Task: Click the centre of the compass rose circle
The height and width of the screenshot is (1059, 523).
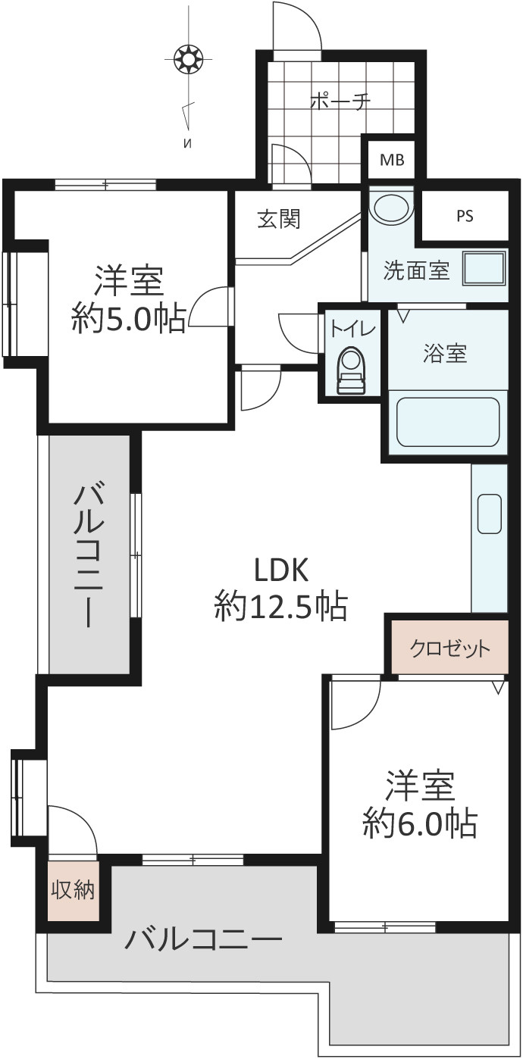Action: pos(188,60)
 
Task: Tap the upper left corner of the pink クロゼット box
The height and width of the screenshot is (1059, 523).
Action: pos(392,621)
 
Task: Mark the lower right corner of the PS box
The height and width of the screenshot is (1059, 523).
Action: pos(508,239)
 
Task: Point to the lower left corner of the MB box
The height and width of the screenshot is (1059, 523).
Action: pos(370,178)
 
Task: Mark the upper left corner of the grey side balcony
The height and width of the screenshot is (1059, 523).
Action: pos(50,435)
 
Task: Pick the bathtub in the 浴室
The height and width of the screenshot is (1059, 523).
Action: pos(447,423)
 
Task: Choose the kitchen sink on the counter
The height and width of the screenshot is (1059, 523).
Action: pos(490,514)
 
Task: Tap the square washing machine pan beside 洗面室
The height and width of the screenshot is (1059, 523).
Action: pos(484,268)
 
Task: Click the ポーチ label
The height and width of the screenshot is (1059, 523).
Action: pos(340,102)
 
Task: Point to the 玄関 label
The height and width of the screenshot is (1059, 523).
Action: pos(279,219)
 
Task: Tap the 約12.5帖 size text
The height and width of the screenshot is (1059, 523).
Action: pos(281,607)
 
